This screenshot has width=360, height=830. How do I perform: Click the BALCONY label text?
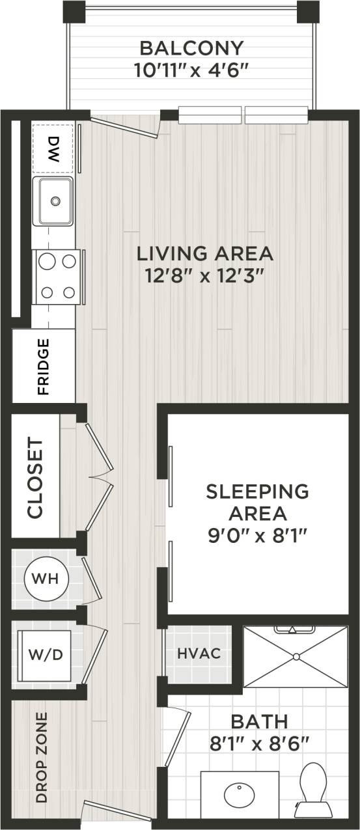point(192,48)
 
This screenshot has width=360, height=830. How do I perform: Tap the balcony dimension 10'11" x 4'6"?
point(192,69)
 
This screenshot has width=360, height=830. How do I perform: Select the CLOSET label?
point(35,478)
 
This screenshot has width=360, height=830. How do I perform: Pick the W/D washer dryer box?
point(46,654)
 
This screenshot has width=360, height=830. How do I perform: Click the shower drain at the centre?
point(295,656)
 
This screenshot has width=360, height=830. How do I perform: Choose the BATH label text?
point(259,721)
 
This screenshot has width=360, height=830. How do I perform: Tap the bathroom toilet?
point(314,788)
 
